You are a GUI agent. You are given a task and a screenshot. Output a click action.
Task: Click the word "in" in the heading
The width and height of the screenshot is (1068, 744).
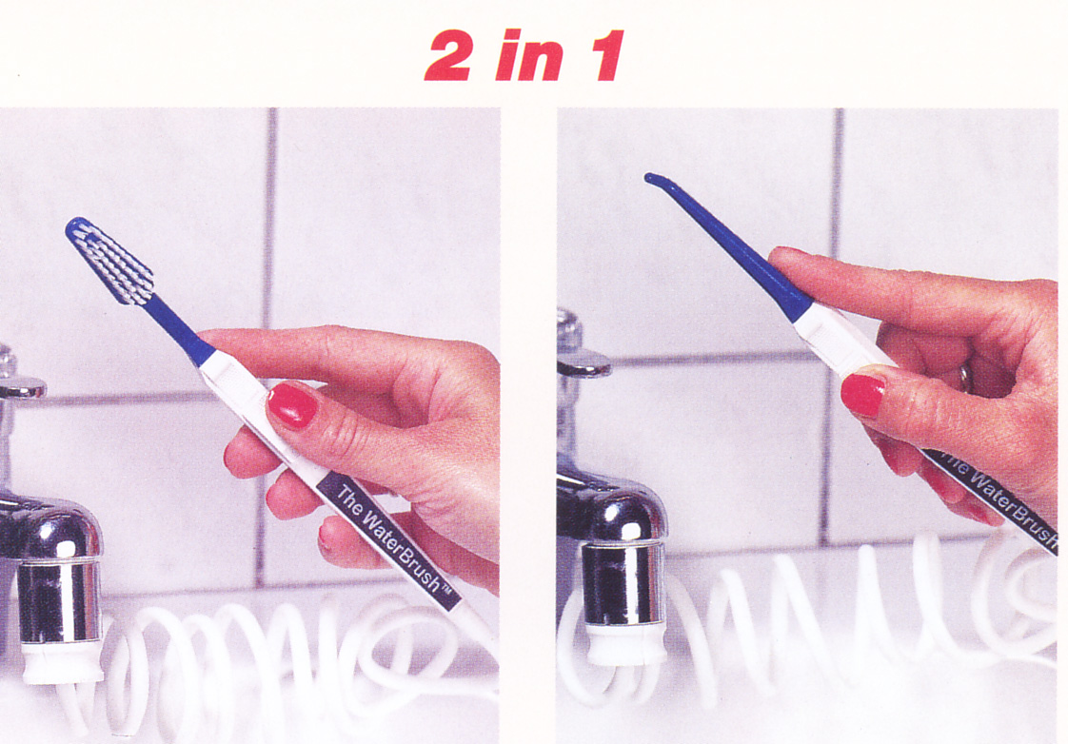(528, 56)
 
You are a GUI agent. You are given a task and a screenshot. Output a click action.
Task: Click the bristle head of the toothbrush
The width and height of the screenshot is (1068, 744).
(109, 260)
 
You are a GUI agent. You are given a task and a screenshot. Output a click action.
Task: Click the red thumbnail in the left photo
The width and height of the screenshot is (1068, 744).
(292, 405)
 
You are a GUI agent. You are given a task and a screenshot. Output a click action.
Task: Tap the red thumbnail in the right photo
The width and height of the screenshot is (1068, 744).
(863, 395)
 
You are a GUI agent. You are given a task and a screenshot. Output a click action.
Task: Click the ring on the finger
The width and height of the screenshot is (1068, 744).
(966, 378)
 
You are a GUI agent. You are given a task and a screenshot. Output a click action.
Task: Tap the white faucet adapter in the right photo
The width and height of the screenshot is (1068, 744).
(625, 643)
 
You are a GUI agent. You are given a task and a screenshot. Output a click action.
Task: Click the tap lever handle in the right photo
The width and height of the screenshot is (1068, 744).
(583, 362)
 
